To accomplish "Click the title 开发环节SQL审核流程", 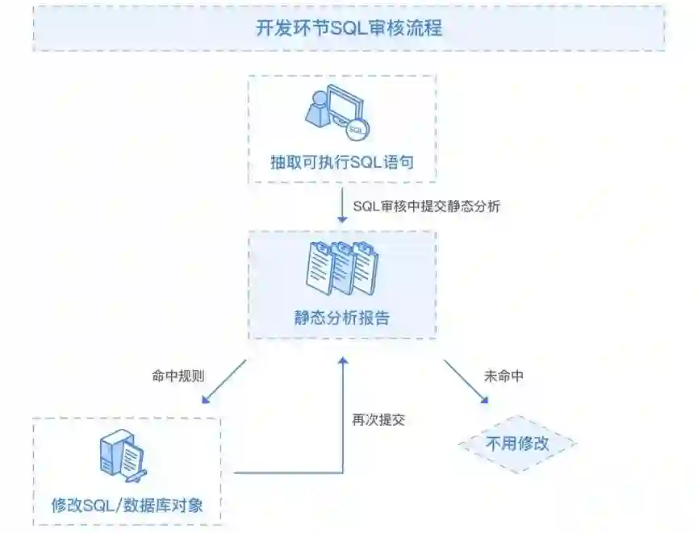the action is pos(349,28).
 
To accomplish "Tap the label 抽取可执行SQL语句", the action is pos(342,161).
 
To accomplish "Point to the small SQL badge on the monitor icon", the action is pos(355,129).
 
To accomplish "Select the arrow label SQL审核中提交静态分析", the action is pos(427,206).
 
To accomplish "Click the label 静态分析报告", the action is pos(342,318).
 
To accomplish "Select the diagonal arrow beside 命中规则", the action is pos(225,381).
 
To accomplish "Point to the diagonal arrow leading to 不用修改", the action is pos(466,381).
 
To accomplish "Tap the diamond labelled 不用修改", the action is pos(517,443).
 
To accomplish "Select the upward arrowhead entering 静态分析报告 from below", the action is pos(343,361).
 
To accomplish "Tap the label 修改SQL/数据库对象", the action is pos(127,506).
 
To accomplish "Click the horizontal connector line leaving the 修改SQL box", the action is pos(282,473).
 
